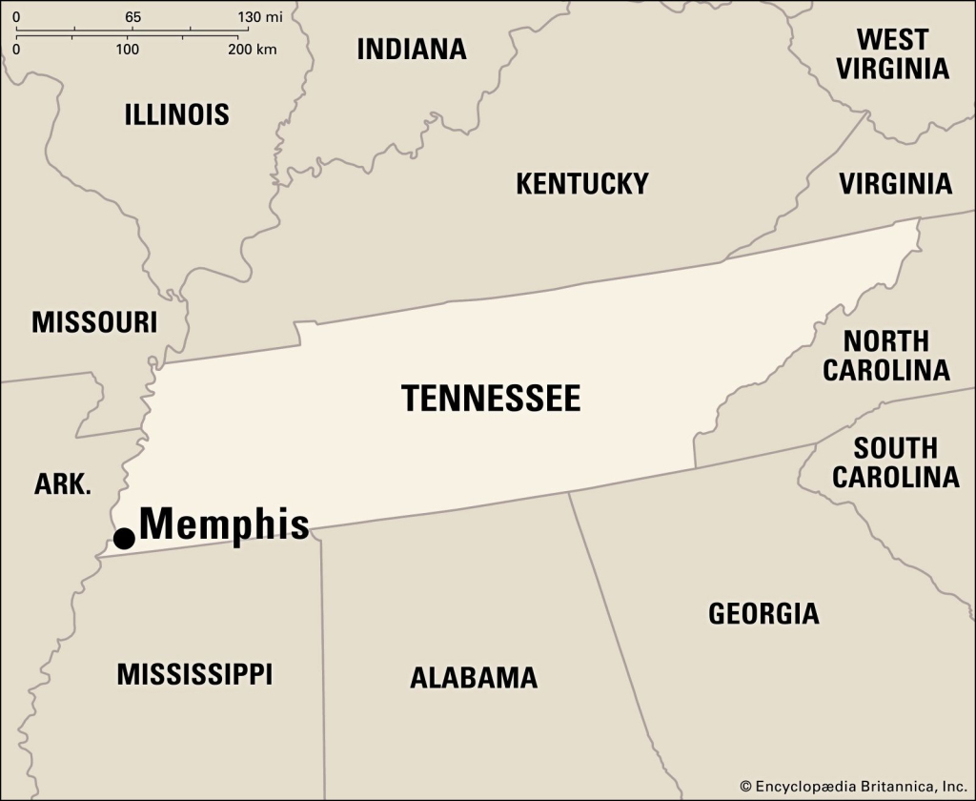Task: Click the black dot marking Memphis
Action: (x=124, y=538)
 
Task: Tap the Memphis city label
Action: (x=224, y=524)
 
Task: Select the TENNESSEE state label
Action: (x=490, y=398)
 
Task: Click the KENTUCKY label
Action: (x=581, y=183)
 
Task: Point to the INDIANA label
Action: (x=412, y=50)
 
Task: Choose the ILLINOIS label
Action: (x=177, y=114)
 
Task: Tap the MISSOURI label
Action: (x=94, y=322)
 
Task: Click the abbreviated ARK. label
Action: (x=63, y=484)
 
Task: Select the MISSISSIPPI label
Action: (x=194, y=674)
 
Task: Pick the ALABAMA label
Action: (x=474, y=678)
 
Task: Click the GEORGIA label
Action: (x=763, y=613)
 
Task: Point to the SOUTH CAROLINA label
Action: (x=895, y=462)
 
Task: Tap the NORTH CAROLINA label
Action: (x=886, y=356)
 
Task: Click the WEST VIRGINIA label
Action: (x=891, y=53)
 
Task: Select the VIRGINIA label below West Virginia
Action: (x=895, y=183)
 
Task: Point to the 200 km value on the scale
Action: (x=253, y=49)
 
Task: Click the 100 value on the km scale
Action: (x=128, y=49)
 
